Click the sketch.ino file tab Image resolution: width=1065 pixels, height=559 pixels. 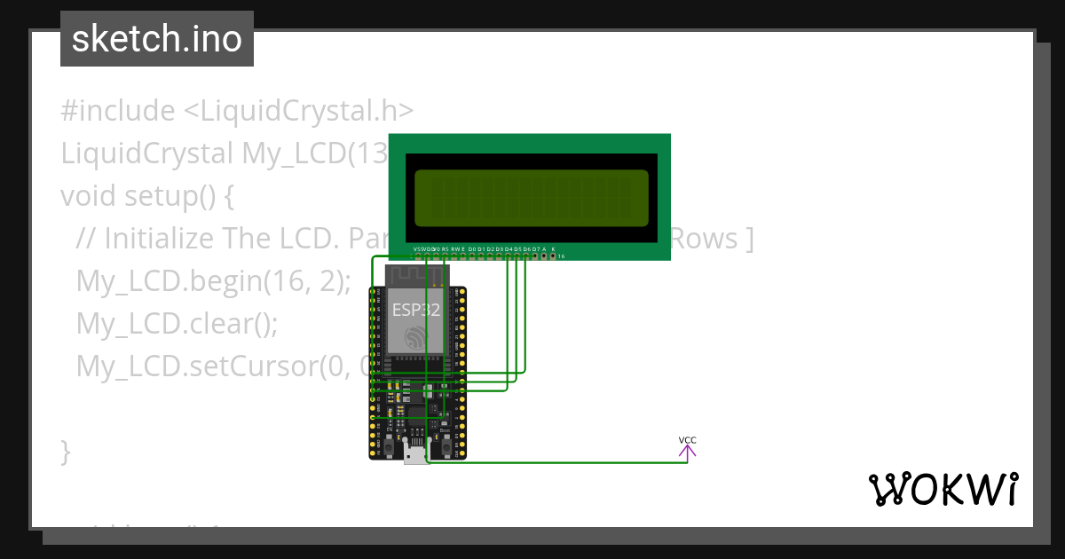click(156, 39)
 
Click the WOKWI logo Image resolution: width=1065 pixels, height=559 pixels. click(943, 489)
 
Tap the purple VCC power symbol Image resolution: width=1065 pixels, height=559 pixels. click(687, 449)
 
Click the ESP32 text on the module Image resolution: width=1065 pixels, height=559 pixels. click(415, 310)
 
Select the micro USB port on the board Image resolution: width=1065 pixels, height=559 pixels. click(415, 454)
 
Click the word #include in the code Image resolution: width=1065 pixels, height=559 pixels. click(117, 111)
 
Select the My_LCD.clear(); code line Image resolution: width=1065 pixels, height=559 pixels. click(177, 323)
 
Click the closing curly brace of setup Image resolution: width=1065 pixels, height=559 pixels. click(66, 451)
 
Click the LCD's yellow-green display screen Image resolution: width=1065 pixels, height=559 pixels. click(532, 198)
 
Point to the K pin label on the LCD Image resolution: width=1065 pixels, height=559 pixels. click(554, 248)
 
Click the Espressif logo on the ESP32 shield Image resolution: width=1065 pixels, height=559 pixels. click(415, 337)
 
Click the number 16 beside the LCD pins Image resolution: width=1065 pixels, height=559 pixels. click(562, 256)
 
